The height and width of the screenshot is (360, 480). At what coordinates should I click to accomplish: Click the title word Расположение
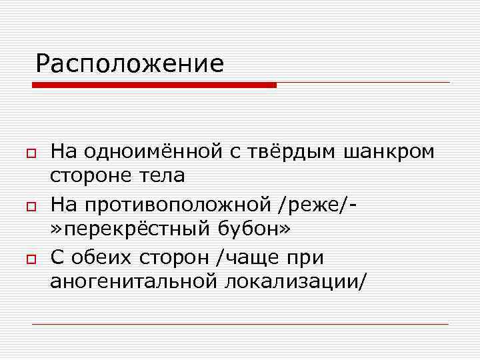(x=130, y=65)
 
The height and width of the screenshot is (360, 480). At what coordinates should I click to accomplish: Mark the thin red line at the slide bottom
(x=240, y=324)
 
